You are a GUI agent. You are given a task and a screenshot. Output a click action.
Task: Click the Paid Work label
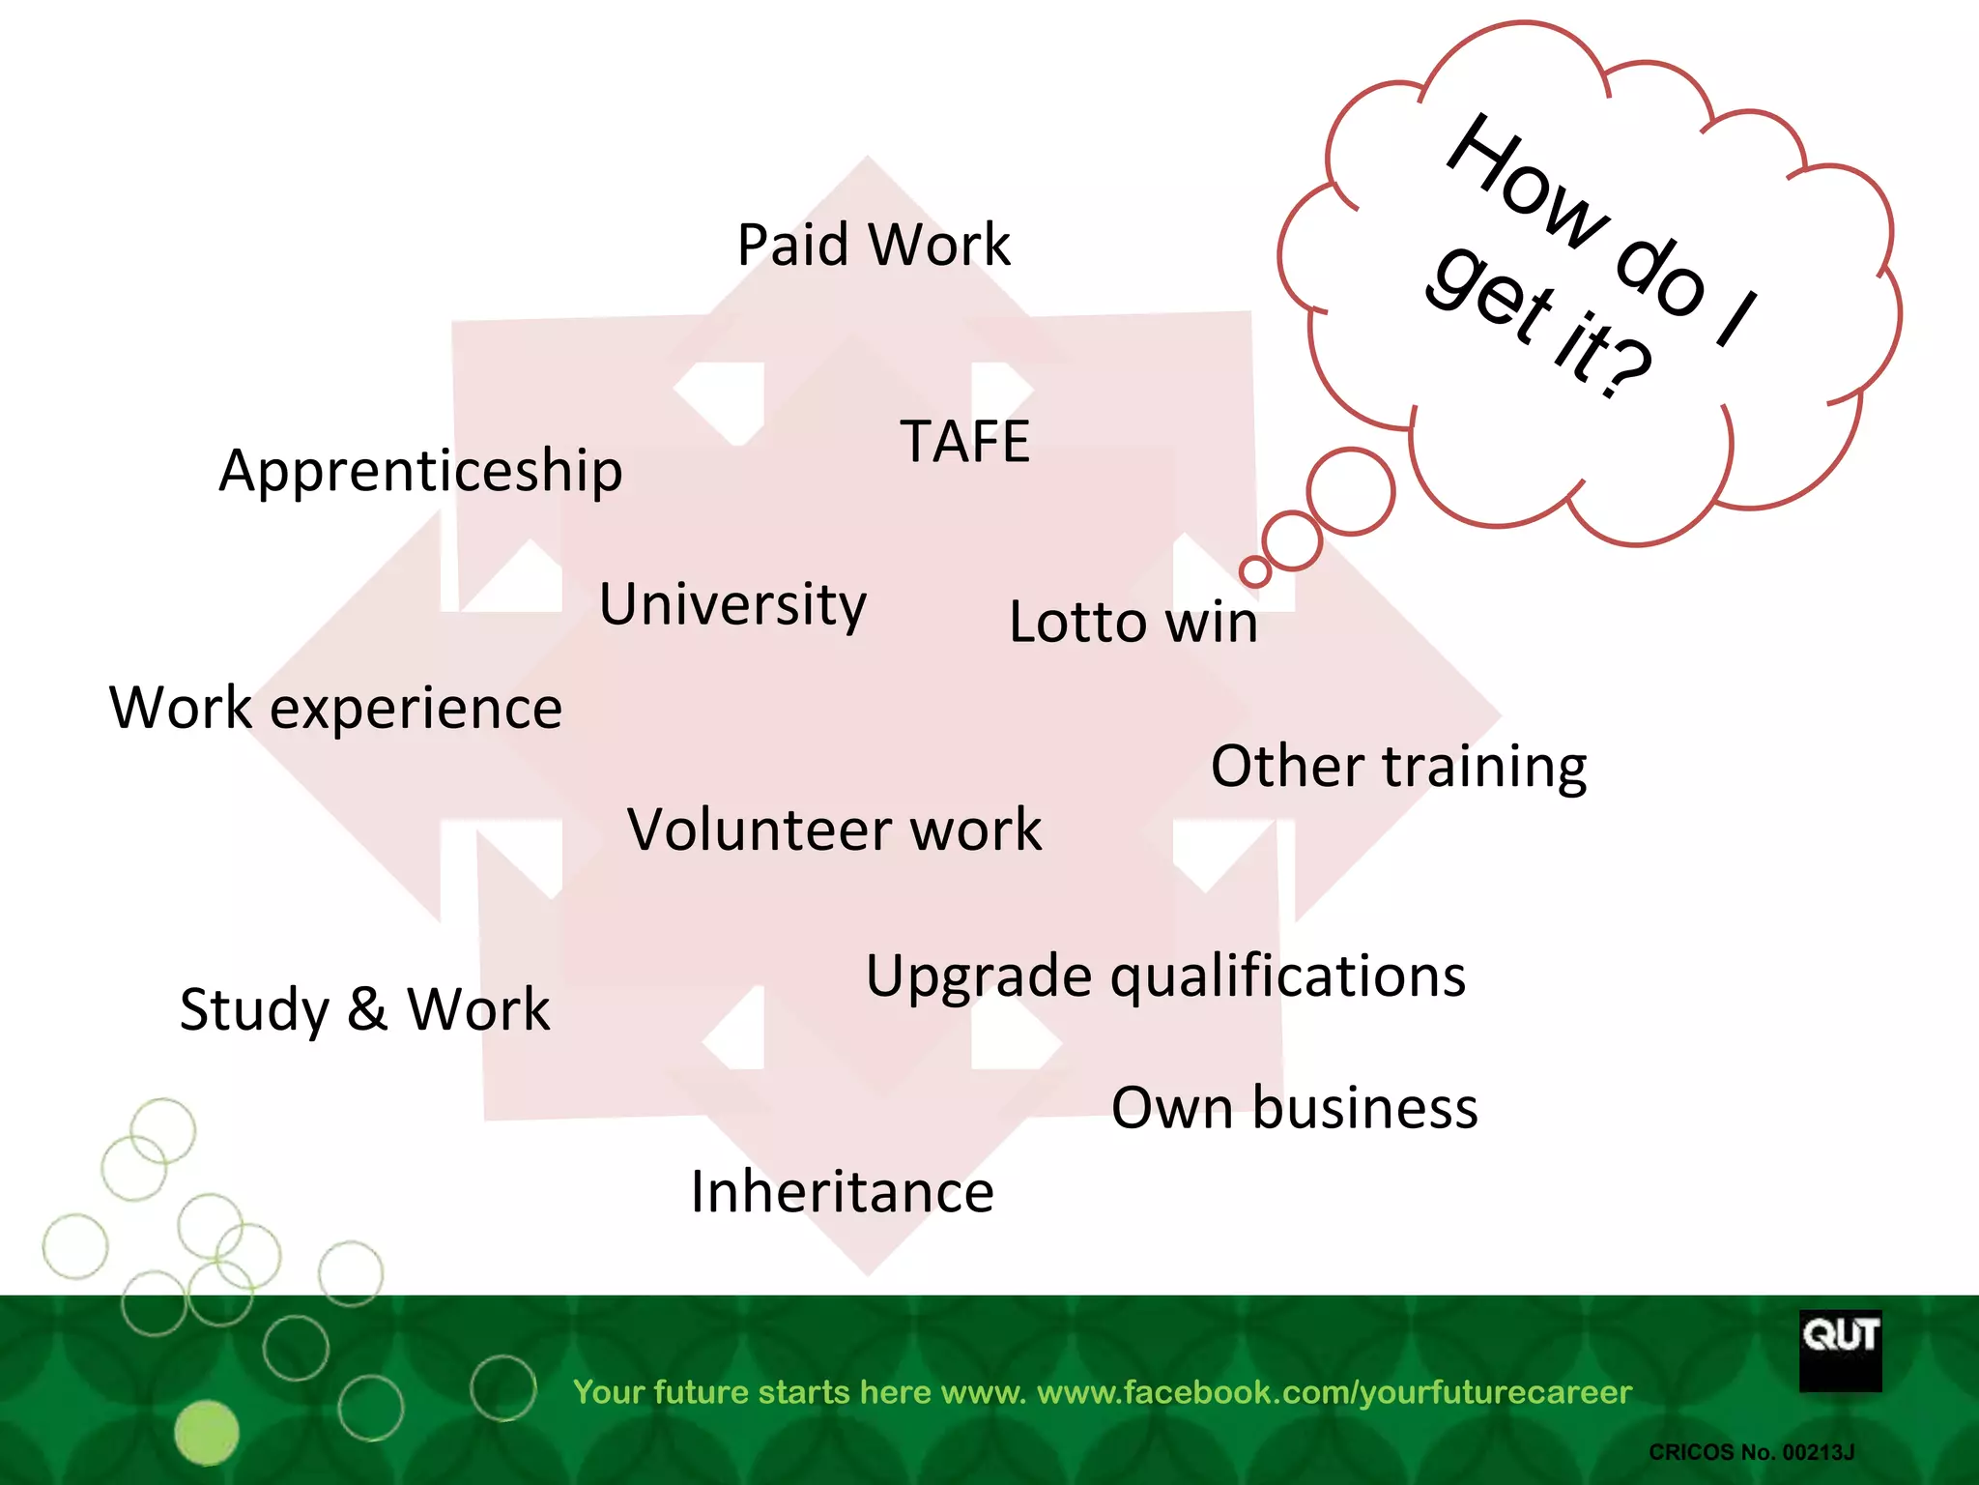873,245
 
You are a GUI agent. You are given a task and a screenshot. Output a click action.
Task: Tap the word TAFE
965,442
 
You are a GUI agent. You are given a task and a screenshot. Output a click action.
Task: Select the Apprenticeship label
420,472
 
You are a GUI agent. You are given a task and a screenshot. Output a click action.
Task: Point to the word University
732,605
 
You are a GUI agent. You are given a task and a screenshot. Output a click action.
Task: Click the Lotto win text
1133,622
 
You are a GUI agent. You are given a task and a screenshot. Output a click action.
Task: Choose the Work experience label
335,708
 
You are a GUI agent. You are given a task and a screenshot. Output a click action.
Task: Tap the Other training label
1398,767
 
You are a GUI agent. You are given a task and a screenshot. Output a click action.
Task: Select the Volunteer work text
835,830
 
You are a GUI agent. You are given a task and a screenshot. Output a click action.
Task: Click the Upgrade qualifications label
1165,975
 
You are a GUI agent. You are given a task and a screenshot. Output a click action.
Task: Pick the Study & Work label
364,1010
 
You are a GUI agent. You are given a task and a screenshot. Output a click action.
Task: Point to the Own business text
1294,1108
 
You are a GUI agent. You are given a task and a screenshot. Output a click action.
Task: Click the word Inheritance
842,1192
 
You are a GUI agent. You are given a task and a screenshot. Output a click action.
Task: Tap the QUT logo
1840,1351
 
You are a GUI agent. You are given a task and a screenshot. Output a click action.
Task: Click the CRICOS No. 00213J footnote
1751,1452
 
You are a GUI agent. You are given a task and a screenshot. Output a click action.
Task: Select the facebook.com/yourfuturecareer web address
1334,1392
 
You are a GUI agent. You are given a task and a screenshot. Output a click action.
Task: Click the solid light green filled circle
206,1433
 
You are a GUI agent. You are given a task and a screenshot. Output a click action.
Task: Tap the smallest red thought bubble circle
1255,571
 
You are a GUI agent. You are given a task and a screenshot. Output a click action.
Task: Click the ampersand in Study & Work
367,1009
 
